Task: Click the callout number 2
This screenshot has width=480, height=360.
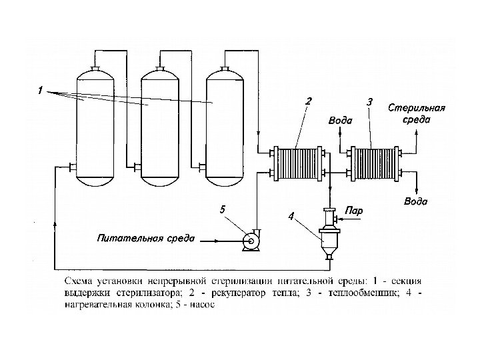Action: pyautogui.click(x=308, y=101)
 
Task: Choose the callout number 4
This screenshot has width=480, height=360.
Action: pyautogui.click(x=291, y=216)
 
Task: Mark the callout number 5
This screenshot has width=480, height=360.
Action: pyautogui.click(x=222, y=209)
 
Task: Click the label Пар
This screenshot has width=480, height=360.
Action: pyautogui.click(x=354, y=211)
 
